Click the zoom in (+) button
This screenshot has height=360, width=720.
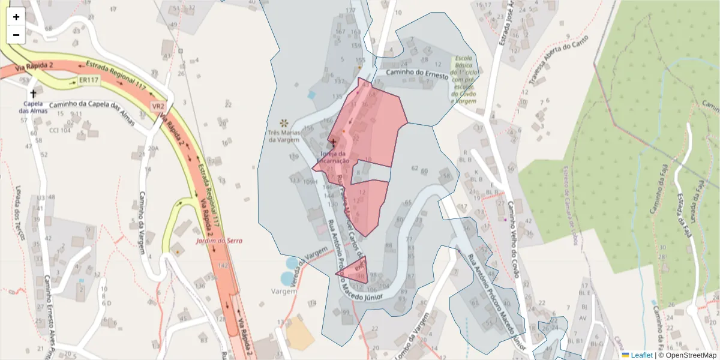[x=16, y=17]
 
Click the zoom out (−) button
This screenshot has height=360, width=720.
[x=16, y=35]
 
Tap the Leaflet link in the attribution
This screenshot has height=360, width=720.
[x=641, y=355]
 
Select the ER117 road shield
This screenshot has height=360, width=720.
[x=88, y=80]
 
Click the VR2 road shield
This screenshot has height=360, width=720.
[x=158, y=106]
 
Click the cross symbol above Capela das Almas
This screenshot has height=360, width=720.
[x=33, y=94]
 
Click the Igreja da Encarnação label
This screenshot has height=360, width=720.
[x=331, y=157]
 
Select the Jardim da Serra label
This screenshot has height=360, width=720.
[x=218, y=241]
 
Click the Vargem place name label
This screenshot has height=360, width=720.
[x=284, y=291]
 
